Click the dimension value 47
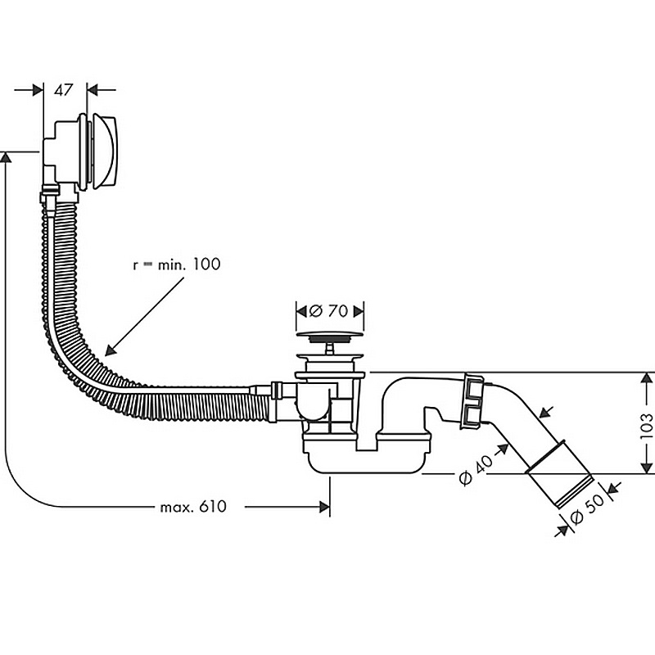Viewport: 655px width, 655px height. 65,90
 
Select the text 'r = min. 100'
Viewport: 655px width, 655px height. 176,264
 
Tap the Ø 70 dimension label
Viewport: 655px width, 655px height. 329,310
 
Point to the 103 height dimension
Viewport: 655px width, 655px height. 646,422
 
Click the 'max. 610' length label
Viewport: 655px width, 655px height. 193,507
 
